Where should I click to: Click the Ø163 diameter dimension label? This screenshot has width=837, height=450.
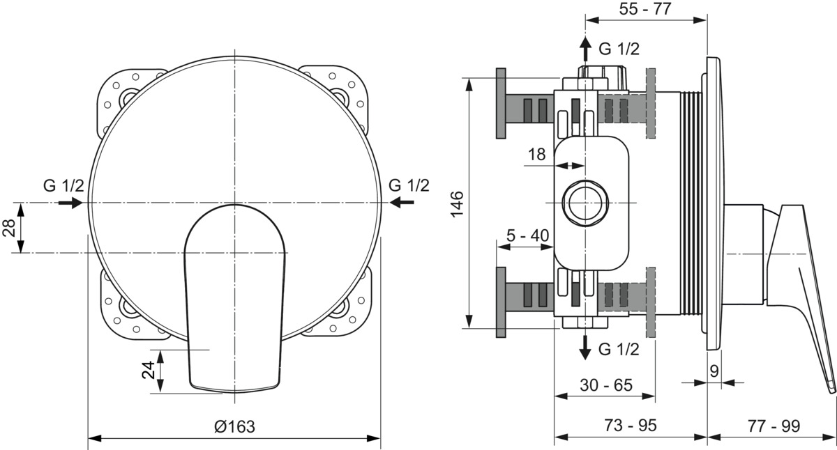[234, 426]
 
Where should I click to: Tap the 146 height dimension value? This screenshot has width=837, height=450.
[457, 203]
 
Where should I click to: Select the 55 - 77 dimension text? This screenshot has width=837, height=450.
[645, 9]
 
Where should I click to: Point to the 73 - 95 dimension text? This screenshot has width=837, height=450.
[631, 426]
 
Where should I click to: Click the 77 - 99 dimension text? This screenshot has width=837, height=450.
[774, 426]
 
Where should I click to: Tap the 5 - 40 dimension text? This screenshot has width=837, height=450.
[527, 235]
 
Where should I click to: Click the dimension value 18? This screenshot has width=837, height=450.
[537, 154]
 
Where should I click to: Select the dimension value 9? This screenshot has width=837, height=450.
[714, 371]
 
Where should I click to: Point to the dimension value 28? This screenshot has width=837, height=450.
[9, 228]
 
